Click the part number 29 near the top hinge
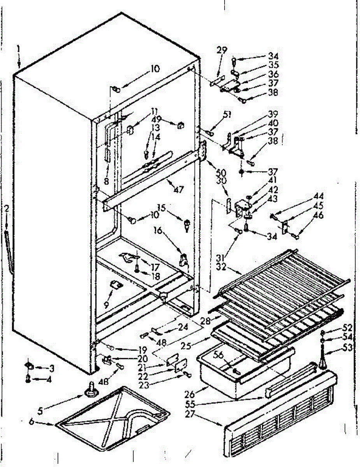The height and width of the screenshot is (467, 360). [222, 50]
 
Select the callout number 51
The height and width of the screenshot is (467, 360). [227, 115]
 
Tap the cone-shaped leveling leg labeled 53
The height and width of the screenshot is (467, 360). [323, 360]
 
